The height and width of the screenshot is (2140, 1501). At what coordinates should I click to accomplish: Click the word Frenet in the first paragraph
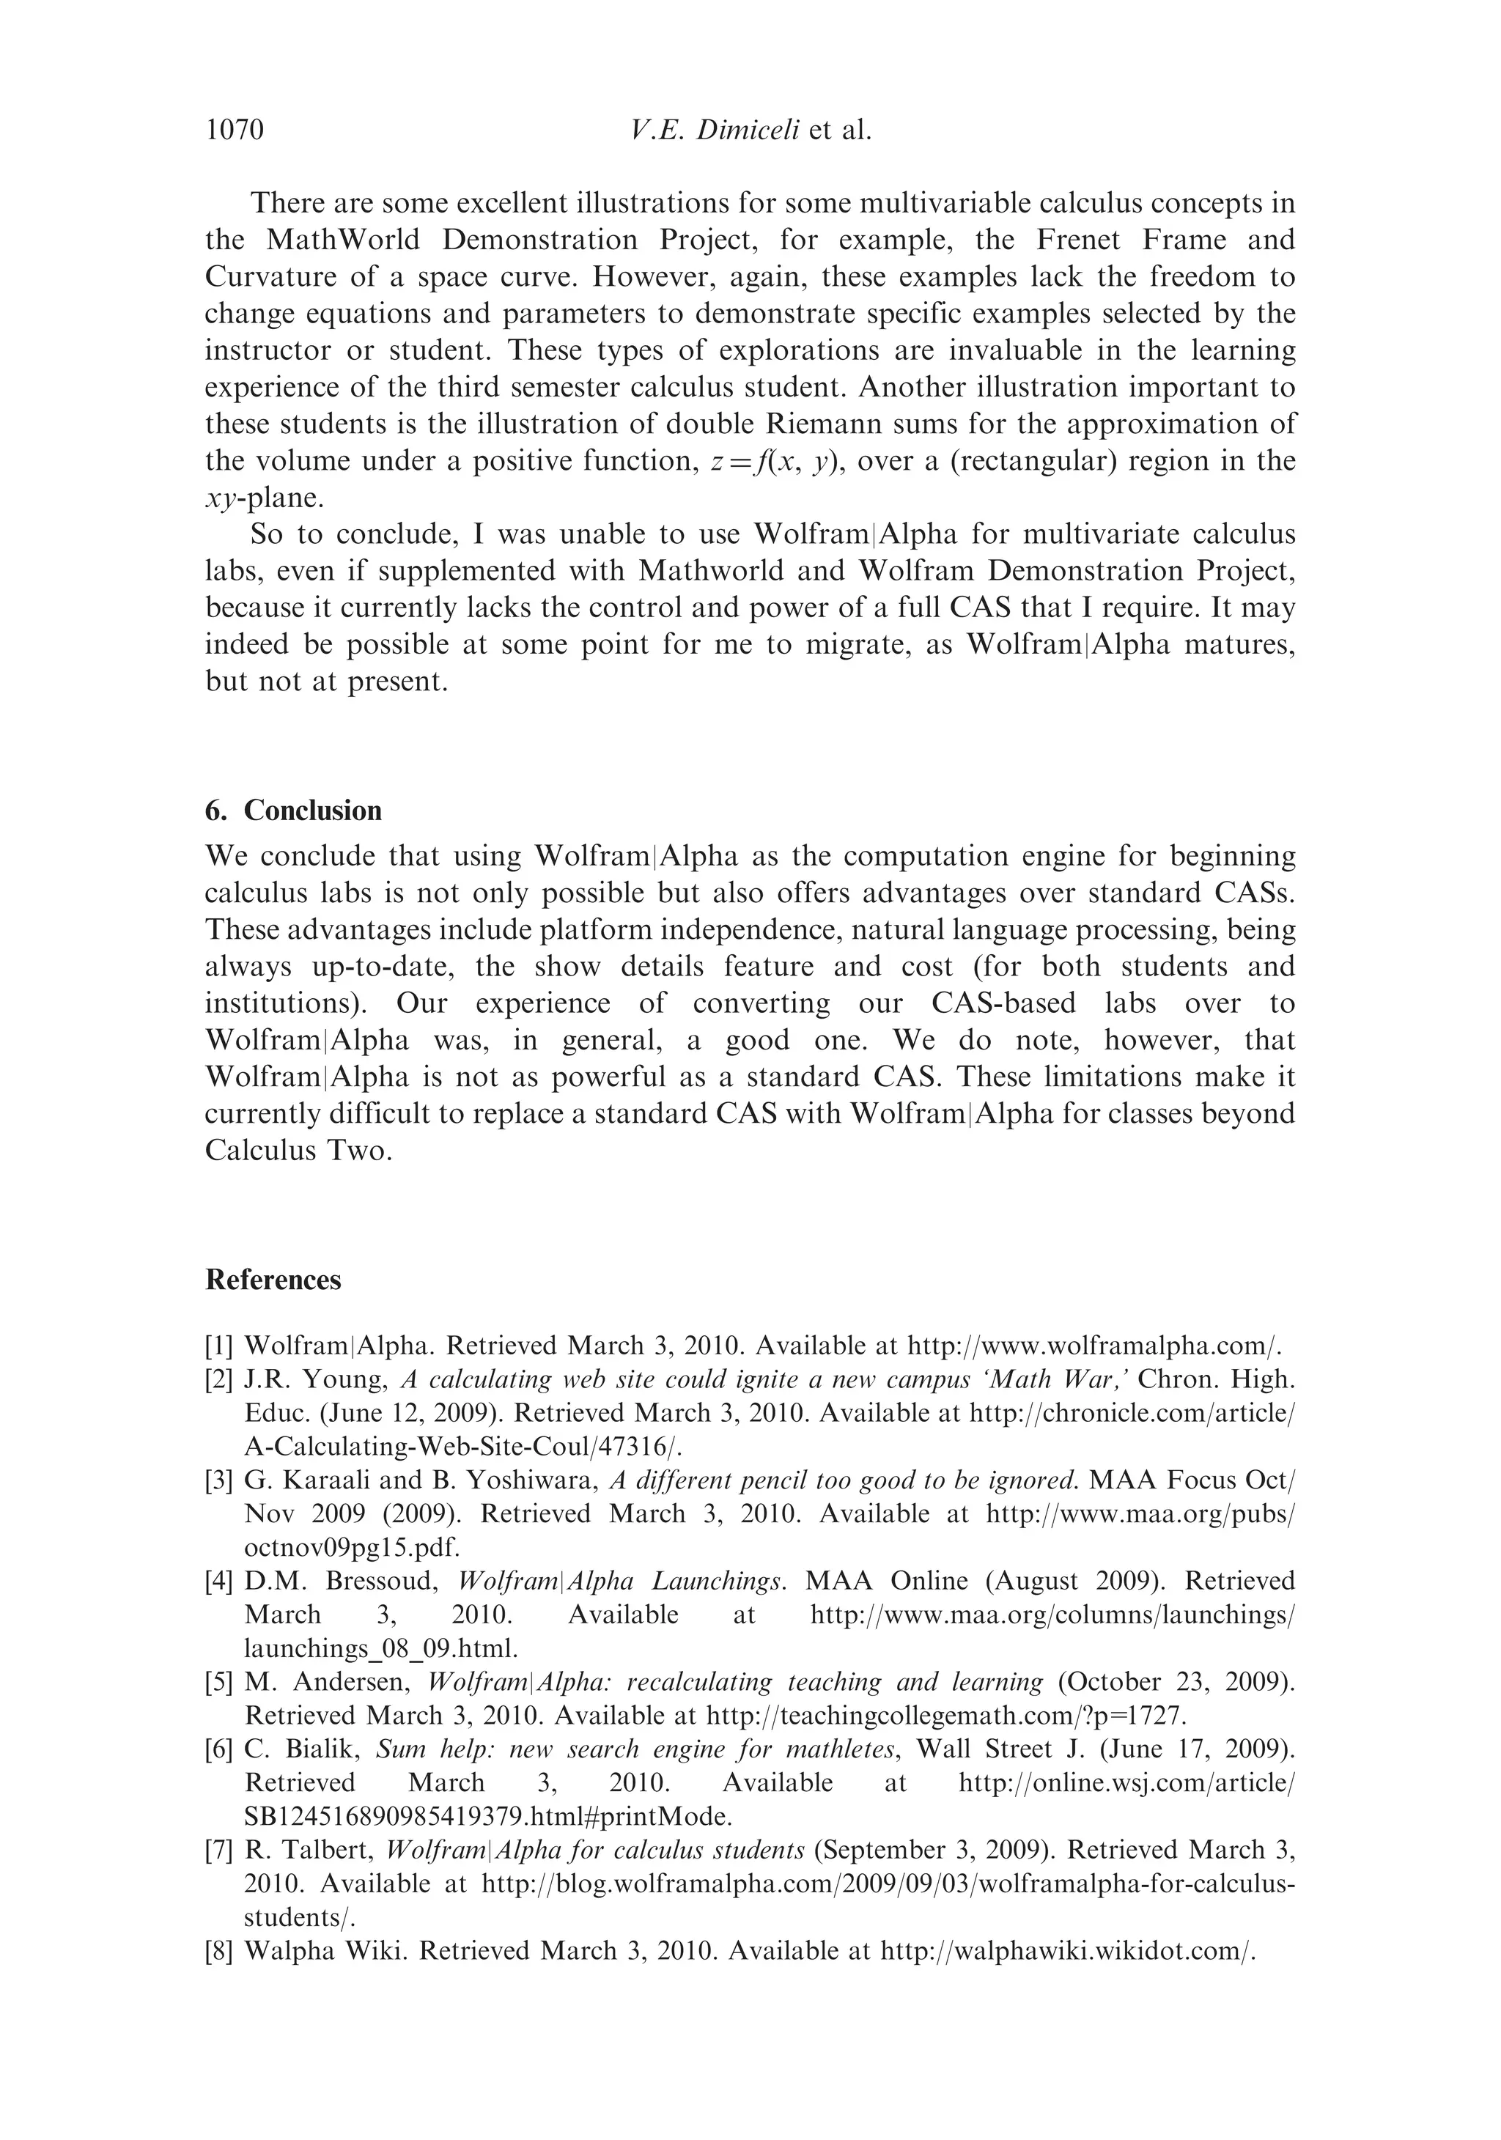pyautogui.click(x=1082, y=240)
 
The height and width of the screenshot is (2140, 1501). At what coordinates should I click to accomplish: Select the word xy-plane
pyautogui.click(x=264, y=498)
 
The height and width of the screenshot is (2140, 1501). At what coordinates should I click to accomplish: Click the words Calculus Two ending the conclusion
pyautogui.click(x=298, y=1151)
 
